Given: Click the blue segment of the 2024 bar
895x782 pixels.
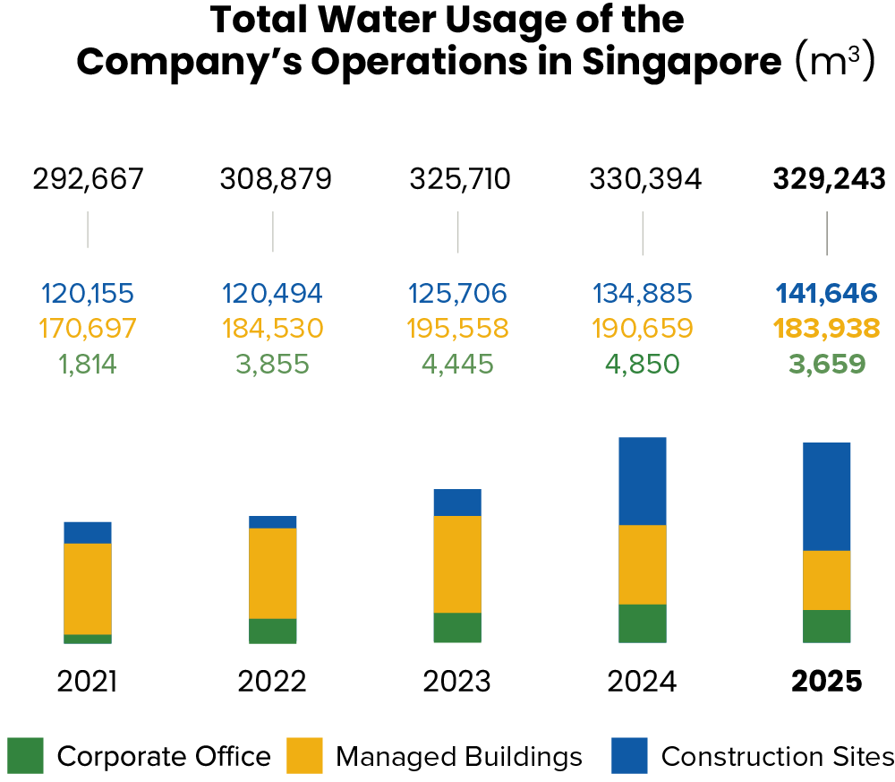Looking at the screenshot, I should coord(642,481).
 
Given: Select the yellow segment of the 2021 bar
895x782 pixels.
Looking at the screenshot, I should coord(88,589).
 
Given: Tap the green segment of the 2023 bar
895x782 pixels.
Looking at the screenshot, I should coord(457,628).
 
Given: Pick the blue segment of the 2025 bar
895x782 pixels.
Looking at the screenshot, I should coord(826,496).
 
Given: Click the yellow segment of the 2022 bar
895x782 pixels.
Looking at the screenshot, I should coord(273,573).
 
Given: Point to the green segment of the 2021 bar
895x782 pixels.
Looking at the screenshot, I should coord(88,639).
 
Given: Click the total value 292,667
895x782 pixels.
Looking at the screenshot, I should coord(88,179).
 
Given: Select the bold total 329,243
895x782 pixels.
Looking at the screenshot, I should coord(829,179).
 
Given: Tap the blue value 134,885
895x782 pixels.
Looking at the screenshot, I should coord(642,293).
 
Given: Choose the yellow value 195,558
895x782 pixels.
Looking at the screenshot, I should coord(457,329).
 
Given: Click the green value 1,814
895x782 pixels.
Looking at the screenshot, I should coord(88,365).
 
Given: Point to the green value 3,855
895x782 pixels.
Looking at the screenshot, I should coord(273,365).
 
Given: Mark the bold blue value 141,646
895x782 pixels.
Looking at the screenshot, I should coord(827,293).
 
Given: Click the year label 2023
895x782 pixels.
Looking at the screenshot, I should coord(457,682).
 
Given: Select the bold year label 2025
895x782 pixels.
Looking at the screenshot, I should coord(827,682).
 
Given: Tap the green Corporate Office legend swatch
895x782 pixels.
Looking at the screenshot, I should coord(25,755).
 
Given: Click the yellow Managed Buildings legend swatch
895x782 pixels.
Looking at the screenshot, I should coord(304,755).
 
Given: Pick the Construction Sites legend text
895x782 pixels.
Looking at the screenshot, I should coord(777,756).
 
